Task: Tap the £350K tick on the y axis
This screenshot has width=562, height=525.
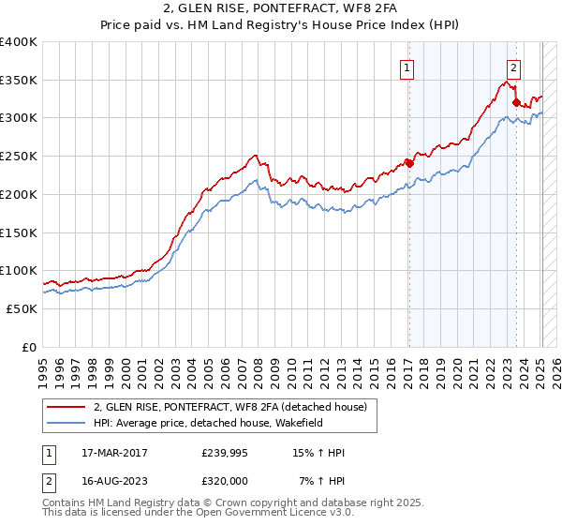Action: (x=19, y=80)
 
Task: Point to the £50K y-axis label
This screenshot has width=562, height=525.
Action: (x=22, y=308)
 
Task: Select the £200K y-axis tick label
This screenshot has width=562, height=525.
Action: (x=19, y=194)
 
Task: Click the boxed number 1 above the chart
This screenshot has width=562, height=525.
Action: (x=408, y=67)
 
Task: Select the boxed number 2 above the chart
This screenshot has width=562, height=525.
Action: (x=514, y=67)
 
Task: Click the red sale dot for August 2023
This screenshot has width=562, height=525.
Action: (x=516, y=102)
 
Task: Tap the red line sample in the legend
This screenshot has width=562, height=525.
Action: (x=67, y=407)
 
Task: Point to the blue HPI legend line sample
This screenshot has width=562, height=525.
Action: (x=67, y=423)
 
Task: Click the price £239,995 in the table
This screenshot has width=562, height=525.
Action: (x=223, y=454)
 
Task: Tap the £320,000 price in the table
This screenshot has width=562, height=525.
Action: (x=223, y=482)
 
